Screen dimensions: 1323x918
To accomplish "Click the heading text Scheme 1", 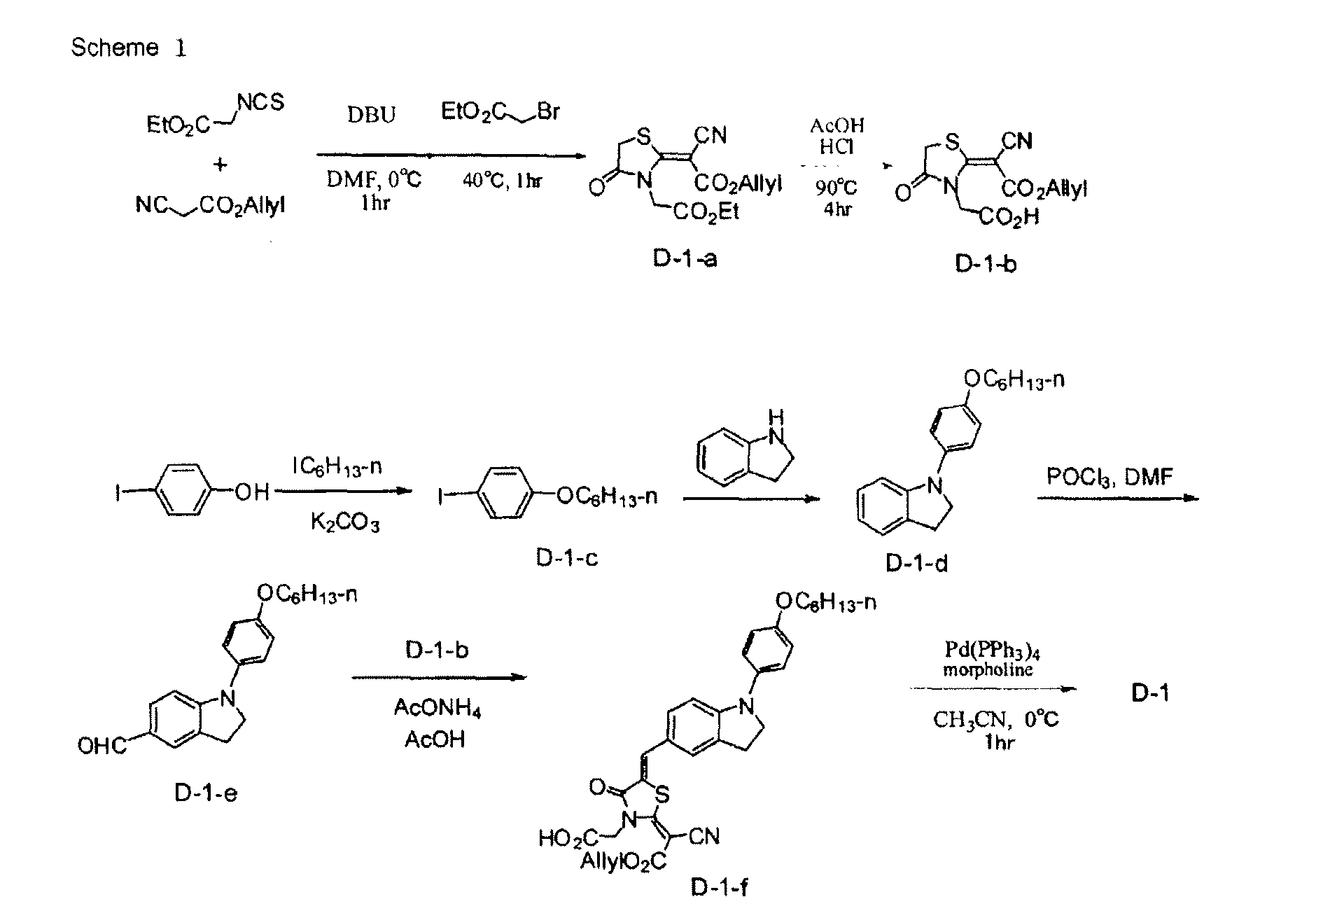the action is (129, 47).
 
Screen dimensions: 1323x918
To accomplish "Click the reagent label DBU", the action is (371, 114).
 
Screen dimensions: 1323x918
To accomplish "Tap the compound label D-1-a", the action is (685, 258).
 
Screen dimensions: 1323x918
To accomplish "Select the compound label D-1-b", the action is (985, 263).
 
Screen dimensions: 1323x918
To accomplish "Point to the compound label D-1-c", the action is (567, 558).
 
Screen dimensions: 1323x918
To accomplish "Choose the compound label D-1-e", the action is (206, 793).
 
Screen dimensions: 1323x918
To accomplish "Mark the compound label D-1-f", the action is (720, 888).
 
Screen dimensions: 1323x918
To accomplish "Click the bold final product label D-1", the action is (1150, 693).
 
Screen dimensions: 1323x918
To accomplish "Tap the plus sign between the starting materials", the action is (220, 165).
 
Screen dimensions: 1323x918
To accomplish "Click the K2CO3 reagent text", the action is (345, 522).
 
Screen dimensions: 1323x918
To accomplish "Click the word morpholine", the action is (988, 669).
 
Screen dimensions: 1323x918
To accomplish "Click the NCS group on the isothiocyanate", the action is (260, 103).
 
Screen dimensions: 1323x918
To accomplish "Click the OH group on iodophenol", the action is (251, 492).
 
